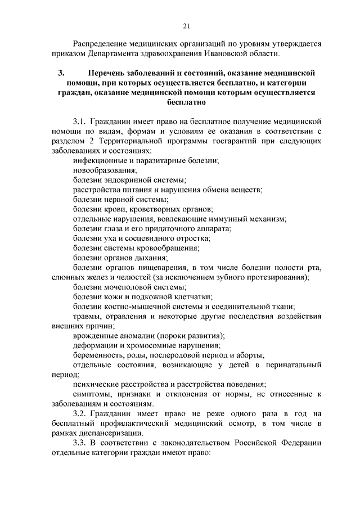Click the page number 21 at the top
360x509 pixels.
186,25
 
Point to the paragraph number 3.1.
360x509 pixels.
81,121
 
